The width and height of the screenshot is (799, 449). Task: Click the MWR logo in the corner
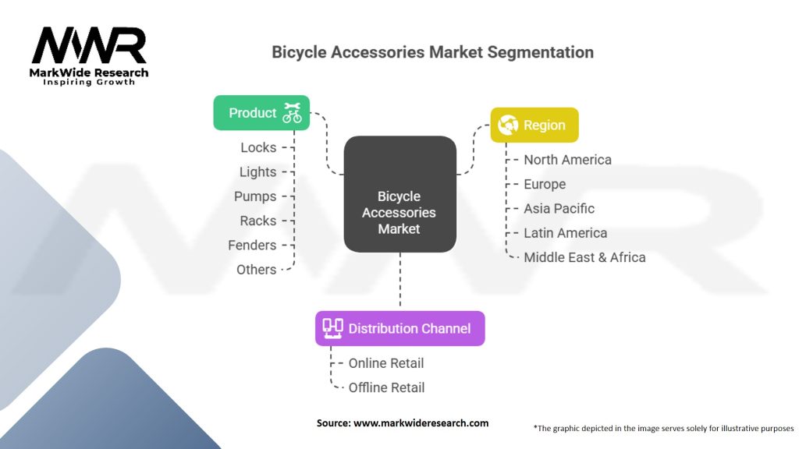(x=89, y=55)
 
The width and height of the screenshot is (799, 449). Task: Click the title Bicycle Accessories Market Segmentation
(x=432, y=52)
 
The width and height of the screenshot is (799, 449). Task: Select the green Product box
(x=261, y=113)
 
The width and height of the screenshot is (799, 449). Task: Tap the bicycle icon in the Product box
(x=292, y=113)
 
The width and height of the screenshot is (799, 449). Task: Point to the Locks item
(x=257, y=147)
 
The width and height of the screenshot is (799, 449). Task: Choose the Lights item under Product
(x=257, y=172)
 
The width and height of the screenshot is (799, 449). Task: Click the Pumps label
(x=255, y=196)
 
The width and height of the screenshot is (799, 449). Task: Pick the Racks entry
(x=257, y=221)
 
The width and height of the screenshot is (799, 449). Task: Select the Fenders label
(x=252, y=245)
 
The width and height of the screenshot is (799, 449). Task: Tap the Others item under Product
(x=256, y=270)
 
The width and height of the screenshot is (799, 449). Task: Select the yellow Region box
(x=534, y=125)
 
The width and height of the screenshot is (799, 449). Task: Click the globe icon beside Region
(x=508, y=125)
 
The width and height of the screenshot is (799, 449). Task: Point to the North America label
(x=567, y=160)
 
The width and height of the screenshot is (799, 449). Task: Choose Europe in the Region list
(x=545, y=185)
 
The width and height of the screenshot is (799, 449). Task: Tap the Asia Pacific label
(x=559, y=209)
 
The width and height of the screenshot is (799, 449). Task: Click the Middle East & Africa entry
(x=584, y=257)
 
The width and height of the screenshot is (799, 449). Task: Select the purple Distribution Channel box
(x=399, y=328)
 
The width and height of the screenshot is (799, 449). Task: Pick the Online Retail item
(x=386, y=363)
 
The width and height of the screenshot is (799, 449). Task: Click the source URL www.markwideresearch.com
(x=421, y=423)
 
